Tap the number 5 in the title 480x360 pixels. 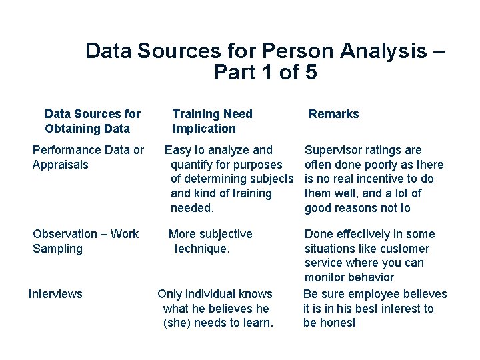310,72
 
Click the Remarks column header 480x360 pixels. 333,114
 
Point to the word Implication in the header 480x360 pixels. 204,129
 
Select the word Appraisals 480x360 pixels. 60,165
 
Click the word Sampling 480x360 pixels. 57,249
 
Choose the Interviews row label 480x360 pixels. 55,294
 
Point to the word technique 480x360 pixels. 201,249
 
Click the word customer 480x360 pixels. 405,249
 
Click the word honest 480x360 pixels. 339,323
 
